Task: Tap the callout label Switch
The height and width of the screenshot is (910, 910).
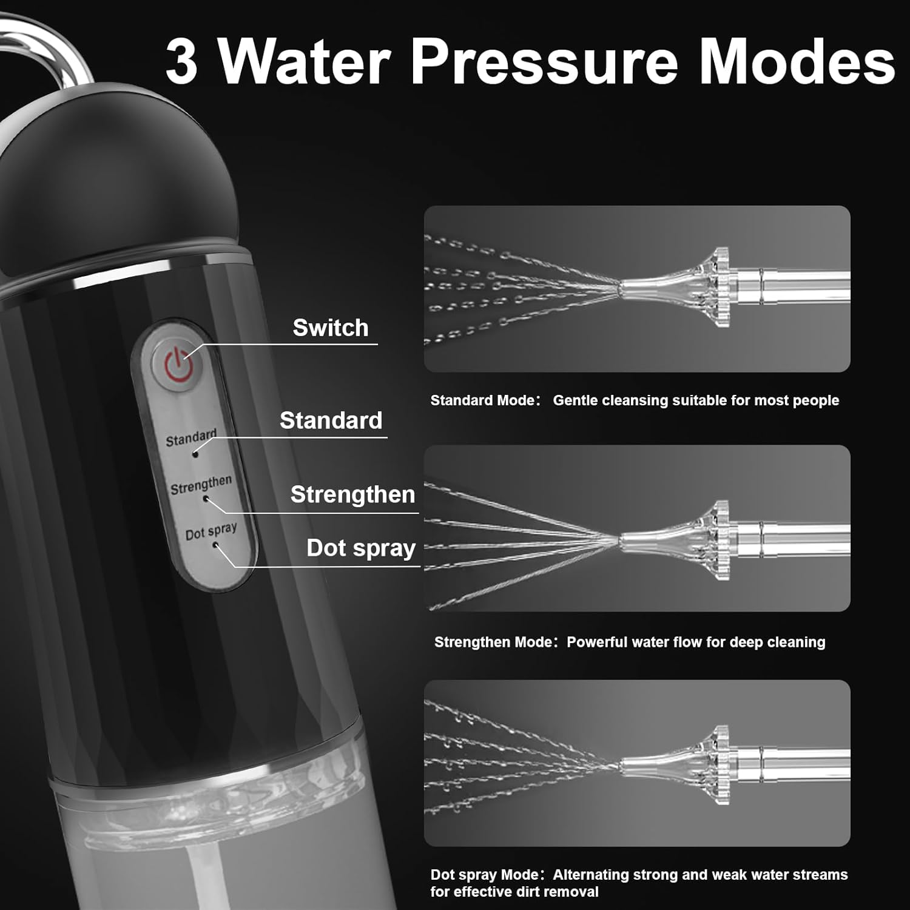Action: coord(331,328)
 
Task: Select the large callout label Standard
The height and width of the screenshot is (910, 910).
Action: coord(331,420)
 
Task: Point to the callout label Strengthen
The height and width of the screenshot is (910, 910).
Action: coord(353,494)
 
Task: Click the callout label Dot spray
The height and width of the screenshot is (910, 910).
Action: coord(361,548)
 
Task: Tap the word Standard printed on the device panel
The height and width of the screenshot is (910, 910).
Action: coord(191,437)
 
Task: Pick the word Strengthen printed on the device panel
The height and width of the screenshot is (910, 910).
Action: coord(201,484)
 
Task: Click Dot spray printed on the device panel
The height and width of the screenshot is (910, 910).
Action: coord(211,531)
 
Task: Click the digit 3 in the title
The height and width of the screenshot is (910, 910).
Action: coord(181,61)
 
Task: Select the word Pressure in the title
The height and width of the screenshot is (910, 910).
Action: coord(544,61)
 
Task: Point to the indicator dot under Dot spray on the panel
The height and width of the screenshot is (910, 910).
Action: coord(215,545)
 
